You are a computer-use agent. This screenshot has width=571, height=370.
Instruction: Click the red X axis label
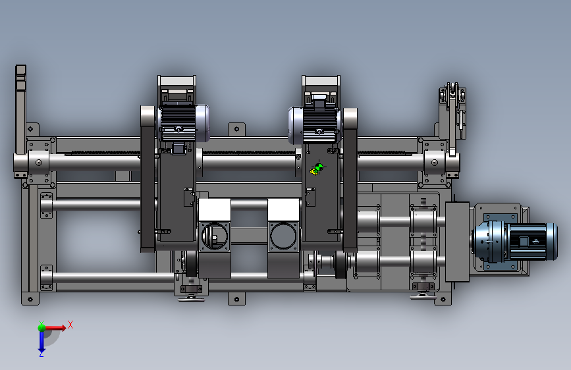click(70, 325)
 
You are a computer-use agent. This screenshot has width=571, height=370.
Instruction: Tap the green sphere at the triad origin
click(41, 327)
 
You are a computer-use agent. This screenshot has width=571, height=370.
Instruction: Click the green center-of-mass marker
click(319, 167)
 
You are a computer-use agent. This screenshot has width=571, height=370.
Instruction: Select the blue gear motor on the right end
click(515, 241)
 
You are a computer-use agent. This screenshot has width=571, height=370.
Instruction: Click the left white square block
click(215, 210)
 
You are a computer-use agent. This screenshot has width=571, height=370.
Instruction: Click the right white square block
click(284, 210)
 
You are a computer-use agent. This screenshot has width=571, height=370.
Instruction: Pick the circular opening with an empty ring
click(284, 236)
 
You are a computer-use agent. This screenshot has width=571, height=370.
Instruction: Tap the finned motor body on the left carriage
click(178, 123)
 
